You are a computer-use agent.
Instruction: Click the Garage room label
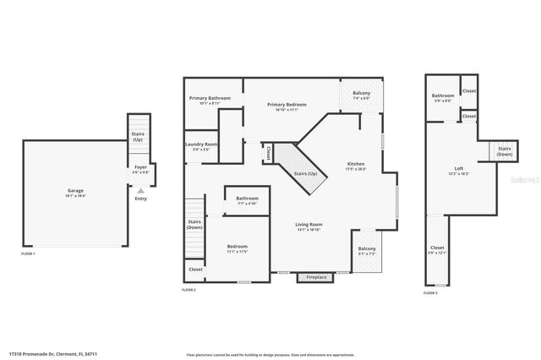75,193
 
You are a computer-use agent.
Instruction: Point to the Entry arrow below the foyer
140,191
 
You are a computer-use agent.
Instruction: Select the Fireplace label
316,277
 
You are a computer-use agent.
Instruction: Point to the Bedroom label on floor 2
236,248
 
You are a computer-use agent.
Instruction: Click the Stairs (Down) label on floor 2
194,225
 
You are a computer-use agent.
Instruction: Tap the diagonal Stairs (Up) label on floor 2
305,173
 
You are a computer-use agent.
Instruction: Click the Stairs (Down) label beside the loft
504,152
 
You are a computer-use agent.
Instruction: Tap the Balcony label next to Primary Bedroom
361,95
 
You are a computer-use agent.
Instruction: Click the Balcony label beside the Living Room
367,251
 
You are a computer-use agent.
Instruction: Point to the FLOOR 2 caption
189,290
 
